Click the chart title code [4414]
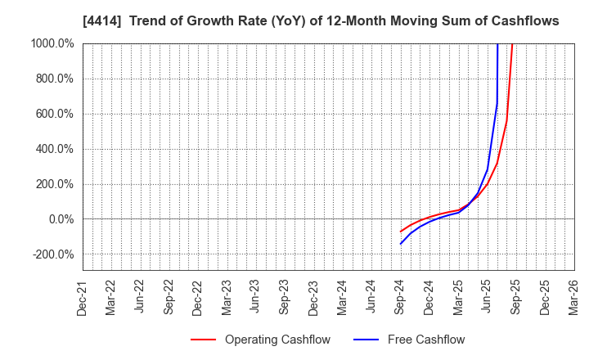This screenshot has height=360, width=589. (98, 21)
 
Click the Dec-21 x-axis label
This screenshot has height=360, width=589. (83, 296)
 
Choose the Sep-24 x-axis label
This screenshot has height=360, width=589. (401, 296)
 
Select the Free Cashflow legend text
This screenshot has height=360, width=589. (425, 340)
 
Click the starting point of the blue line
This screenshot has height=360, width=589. (401, 244)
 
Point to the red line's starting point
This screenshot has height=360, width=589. (401, 232)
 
